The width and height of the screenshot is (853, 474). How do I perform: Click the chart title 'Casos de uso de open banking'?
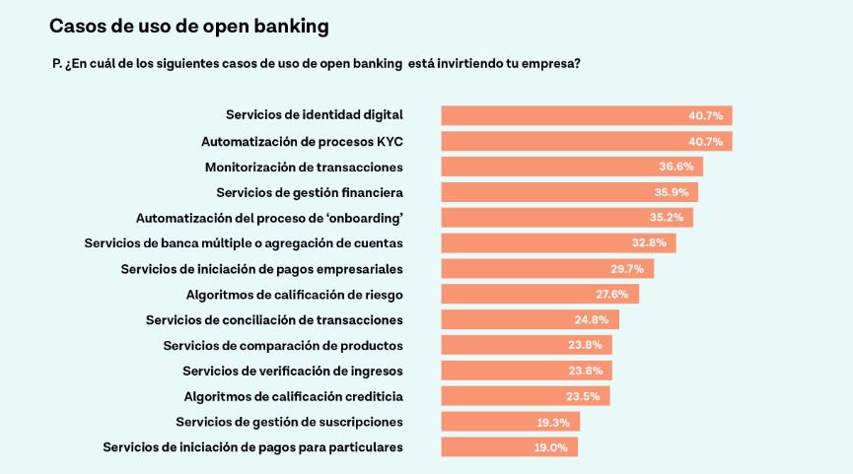click(189, 25)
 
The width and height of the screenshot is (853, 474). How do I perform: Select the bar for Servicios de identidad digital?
click(586, 115)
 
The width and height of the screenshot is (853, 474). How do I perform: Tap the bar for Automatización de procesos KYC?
click(586, 141)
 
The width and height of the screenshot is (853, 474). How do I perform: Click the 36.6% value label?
click(676, 167)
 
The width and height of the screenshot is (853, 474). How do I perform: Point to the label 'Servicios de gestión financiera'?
click(310, 192)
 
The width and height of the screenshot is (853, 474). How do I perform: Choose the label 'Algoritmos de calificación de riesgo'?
click(294, 294)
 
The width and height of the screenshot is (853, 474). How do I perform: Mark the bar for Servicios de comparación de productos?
click(527, 345)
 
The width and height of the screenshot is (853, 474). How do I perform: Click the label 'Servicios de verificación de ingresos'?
click(293, 371)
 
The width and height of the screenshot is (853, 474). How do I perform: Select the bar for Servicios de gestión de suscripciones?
click(510, 422)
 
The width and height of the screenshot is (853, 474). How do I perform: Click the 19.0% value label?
click(551, 447)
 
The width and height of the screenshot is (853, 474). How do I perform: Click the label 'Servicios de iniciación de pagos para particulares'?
click(252, 447)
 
